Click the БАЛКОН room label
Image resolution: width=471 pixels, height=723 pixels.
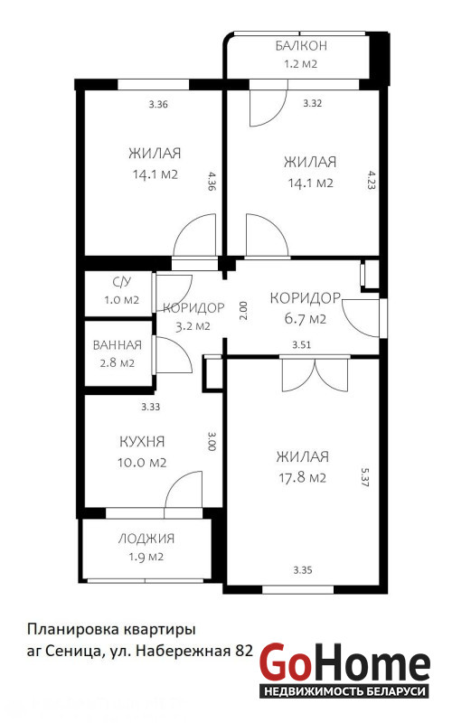301,46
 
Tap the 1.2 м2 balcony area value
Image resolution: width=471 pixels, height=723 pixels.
300,63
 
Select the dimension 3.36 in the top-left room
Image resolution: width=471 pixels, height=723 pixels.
158,104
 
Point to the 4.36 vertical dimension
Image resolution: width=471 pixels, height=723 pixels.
212,182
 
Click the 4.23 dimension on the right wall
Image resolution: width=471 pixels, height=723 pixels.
372,180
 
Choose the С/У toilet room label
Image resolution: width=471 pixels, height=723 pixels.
122,282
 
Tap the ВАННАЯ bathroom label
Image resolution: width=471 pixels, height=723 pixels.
118,345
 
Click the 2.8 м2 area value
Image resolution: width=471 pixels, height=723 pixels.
118,363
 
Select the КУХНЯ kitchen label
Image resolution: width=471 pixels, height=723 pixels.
142,442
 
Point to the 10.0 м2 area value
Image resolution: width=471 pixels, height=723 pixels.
142,463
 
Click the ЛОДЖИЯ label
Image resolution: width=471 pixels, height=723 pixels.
146,538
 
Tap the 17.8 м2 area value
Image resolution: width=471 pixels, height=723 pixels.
302,477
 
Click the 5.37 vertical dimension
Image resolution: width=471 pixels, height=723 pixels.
365,478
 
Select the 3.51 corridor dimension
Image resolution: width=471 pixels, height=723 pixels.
302,344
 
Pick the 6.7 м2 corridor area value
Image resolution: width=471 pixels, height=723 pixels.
305,319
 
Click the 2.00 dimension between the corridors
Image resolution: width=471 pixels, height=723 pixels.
244,311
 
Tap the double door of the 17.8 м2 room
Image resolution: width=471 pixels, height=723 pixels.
316,373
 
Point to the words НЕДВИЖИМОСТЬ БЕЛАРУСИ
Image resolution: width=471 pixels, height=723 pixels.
344,691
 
